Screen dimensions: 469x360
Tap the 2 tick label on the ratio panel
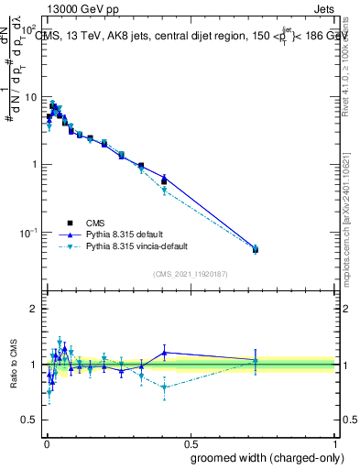(33, 310)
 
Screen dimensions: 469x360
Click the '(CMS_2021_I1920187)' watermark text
(190, 273)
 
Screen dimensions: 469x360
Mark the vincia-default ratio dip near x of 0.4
(164, 387)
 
